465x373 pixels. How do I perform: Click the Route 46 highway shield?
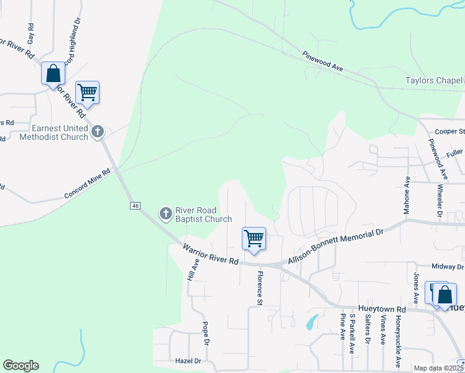click(x=134, y=205)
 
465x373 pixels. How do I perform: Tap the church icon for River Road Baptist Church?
click(x=165, y=214)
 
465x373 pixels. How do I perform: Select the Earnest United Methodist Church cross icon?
click(x=97, y=131)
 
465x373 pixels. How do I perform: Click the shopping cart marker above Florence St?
click(x=254, y=239)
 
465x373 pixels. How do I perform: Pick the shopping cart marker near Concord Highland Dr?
click(x=88, y=93)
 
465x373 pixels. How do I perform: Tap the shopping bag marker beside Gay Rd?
click(x=53, y=73)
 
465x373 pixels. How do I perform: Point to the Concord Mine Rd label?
click(x=86, y=186)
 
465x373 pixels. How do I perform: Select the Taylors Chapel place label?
click(x=434, y=81)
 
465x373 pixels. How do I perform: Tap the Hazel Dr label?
click(x=189, y=361)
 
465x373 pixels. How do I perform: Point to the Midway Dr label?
click(x=448, y=266)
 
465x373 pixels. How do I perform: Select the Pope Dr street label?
click(x=206, y=333)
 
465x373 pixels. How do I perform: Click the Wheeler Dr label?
click(x=439, y=201)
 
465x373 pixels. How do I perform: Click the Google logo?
click(x=21, y=366)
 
